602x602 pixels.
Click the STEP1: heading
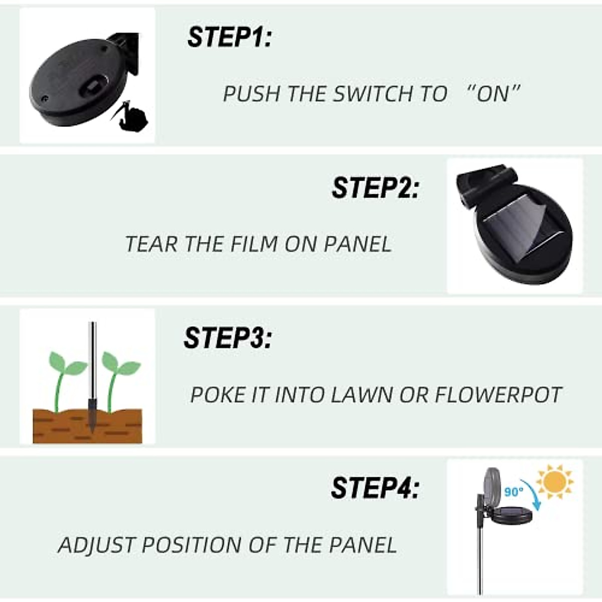229,38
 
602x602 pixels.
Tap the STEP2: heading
374,188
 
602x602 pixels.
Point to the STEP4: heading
374,488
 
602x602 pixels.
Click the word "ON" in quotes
493,94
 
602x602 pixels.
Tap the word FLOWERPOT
498,395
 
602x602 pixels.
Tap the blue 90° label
514,492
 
